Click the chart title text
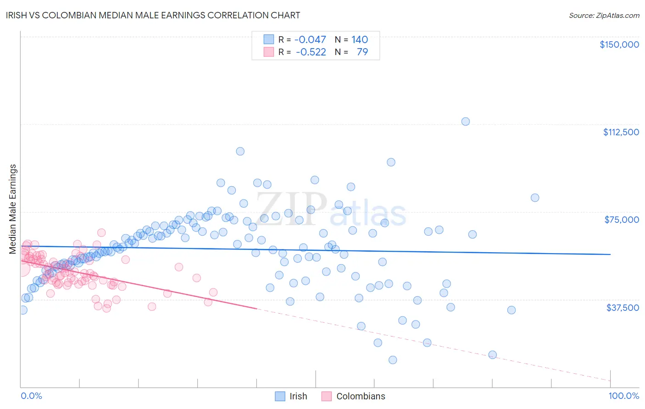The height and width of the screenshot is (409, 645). [x=154, y=15]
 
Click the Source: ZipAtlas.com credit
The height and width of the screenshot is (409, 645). [x=604, y=16]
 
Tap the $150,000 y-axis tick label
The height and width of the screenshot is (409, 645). [x=619, y=44]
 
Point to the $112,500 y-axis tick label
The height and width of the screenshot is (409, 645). [x=621, y=132]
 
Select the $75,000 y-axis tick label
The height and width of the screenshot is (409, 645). [x=622, y=220]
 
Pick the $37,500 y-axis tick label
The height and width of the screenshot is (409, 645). [x=623, y=308]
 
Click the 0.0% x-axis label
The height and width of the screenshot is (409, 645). [x=31, y=396]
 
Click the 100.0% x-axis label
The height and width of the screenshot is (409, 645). [x=623, y=396]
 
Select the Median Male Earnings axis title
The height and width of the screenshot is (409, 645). [x=13, y=209]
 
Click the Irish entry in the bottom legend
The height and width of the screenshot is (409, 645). [x=298, y=396]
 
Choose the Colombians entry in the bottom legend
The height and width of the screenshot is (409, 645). [x=361, y=396]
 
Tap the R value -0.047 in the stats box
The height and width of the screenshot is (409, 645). [x=310, y=39]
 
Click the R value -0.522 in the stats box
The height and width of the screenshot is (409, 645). [x=311, y=52]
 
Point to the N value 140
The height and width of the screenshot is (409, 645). [x=360, y=39]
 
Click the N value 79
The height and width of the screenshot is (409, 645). [x=362, y=52]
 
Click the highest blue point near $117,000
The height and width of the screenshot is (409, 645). [x=465, y=122]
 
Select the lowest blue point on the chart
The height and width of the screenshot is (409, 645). [x=393, y=360]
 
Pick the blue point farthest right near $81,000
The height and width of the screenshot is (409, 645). [x=535, y=198]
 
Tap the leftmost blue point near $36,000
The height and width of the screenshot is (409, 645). [x=22, y=310]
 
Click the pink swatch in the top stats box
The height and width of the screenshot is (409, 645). [x=268, y=52]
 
